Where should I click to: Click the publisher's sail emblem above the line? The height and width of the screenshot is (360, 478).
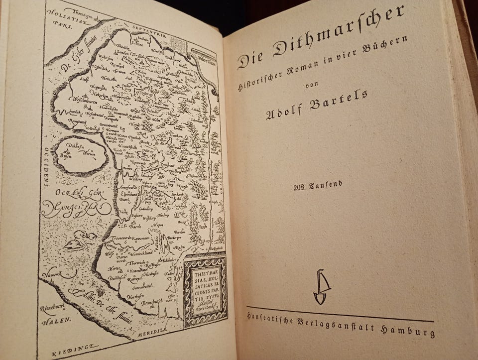322,287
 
